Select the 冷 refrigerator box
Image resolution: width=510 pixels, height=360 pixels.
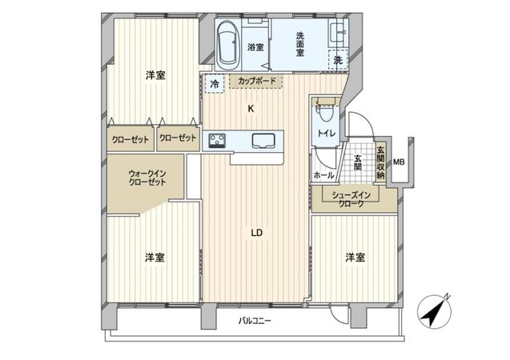[x=215, y=82]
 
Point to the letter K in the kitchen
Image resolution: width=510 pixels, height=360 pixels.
[x=251, y=108]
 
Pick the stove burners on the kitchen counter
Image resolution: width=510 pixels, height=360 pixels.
[x=217, y=142]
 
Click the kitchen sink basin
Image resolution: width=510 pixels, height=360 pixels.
[x=263, y=142]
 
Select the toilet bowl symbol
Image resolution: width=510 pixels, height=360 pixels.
[x=326, y=108]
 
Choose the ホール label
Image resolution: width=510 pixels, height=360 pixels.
[x=323, y=174]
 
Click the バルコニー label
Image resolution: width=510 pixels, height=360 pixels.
[x=255, y=321]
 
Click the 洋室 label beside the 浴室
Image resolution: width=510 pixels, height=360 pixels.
[x=155, y=75]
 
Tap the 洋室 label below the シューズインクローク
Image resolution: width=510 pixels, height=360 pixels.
[x=355, y=257]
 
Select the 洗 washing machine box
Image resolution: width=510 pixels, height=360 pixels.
[x=338, y=60]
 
